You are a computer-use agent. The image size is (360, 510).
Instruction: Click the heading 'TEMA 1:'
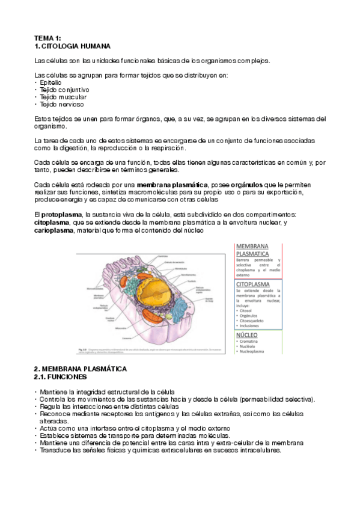pos(47,38)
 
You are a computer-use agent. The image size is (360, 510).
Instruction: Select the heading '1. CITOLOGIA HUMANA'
pos(72,46)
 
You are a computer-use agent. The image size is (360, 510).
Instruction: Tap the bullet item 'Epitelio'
pos(52,82)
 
